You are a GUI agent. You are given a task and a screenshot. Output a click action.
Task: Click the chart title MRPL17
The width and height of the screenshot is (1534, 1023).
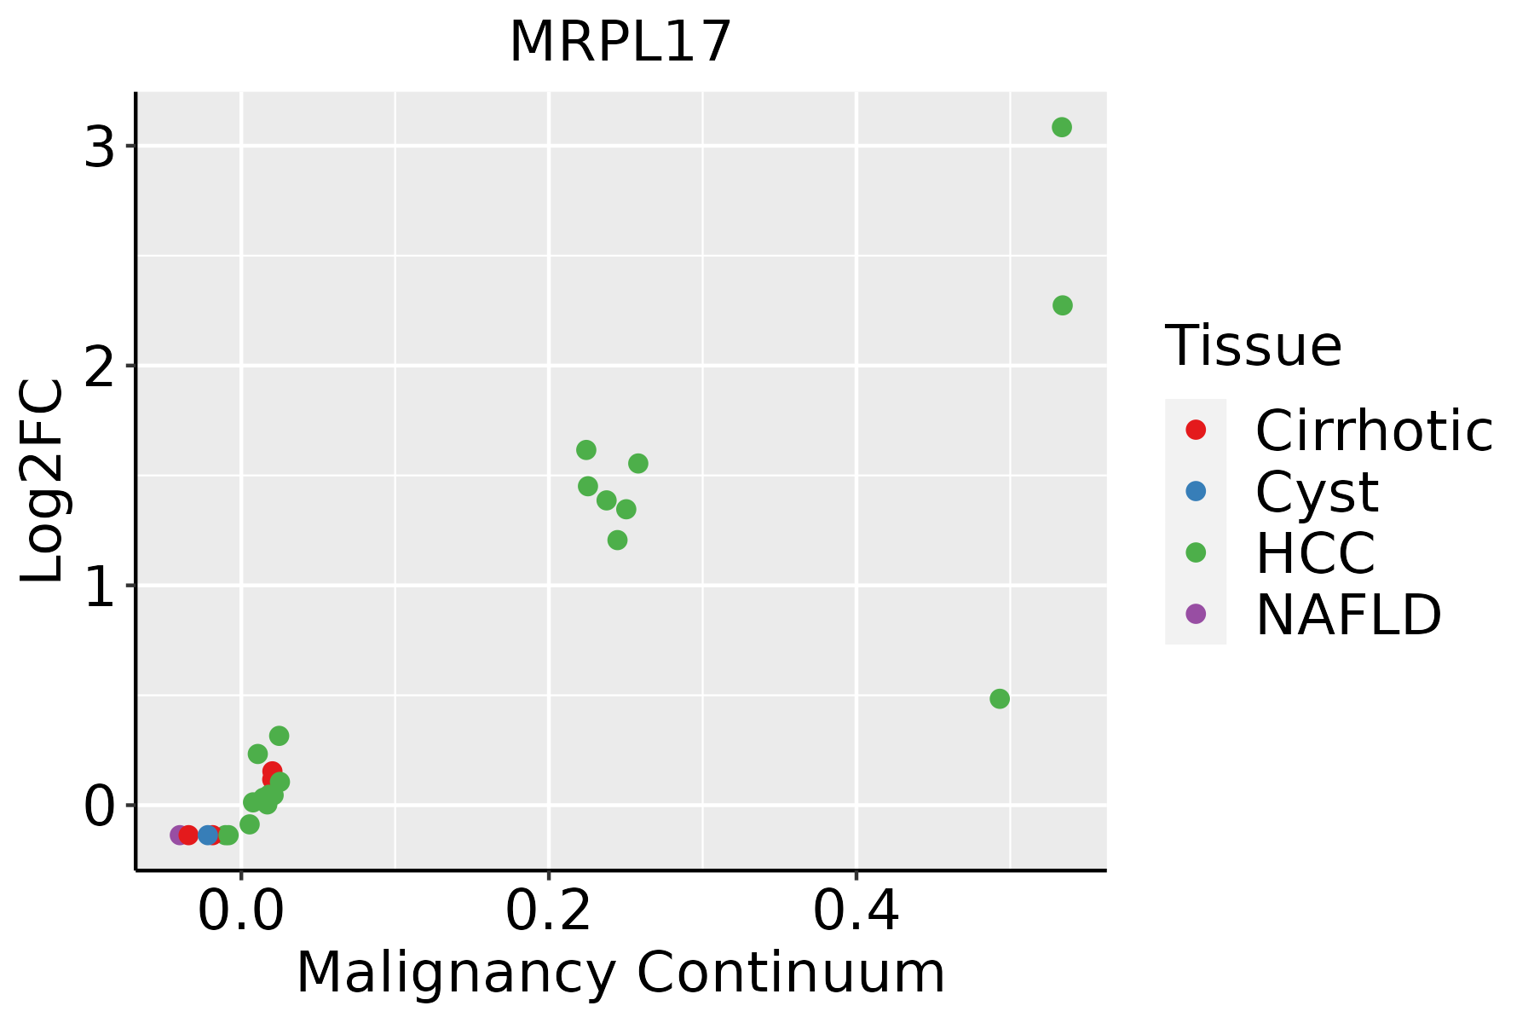point(620,42)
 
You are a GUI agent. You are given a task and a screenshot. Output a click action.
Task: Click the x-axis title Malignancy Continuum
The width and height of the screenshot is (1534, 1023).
point(620,973)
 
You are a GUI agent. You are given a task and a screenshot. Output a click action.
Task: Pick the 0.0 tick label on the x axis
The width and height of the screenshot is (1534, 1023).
point(241,911)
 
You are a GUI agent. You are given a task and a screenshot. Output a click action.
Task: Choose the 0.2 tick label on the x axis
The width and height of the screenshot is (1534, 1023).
point(549,911)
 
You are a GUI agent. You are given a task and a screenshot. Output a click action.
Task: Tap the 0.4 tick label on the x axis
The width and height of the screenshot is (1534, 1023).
point(856,911)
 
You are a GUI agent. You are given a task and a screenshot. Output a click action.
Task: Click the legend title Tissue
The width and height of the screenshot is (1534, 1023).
point(1253,346)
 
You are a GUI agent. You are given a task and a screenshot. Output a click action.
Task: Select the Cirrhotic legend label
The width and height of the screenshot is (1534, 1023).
point(1374,431)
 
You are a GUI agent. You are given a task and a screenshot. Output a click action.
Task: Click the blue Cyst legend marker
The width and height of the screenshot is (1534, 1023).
point(1196,491)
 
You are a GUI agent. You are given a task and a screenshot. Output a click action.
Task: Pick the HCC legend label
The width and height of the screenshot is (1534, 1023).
point(1315,552)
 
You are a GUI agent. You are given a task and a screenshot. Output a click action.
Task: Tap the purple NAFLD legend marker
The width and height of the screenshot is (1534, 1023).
point(1196,613)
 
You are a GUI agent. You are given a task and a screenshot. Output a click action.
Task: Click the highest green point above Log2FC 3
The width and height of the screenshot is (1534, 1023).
point(1061,128)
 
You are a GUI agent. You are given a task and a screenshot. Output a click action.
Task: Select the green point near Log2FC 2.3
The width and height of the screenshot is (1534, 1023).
point(1062,305)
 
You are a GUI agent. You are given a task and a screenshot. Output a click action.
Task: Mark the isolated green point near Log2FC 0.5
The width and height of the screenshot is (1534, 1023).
point(1000,699)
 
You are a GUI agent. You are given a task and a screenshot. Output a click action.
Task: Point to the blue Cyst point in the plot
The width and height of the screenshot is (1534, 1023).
point(208,835)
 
